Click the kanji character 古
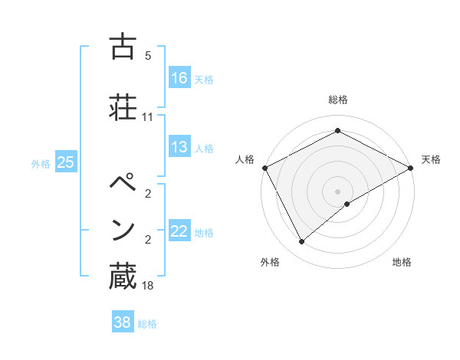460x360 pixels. tap(122, 48)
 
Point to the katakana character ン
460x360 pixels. tap(123, 230)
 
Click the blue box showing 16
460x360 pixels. tap(179, 78)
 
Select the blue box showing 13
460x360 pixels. tap(179, 147)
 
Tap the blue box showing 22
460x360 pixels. tap(179, 231)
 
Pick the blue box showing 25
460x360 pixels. tap(65, 162)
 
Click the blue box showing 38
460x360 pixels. tap(123, 322)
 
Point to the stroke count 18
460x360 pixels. tap(147, 286)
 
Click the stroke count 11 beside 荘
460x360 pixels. tap(147, 117)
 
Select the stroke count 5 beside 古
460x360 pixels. tap(148, 56)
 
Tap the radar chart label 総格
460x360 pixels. tap(337, 100)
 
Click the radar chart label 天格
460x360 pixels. tap(431, 159)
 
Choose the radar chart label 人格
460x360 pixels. tap(245, 159)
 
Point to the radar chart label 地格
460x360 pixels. tap(402, 263)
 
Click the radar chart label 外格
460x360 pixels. tap(270, 263)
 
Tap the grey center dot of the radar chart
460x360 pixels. tap(337, 191)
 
